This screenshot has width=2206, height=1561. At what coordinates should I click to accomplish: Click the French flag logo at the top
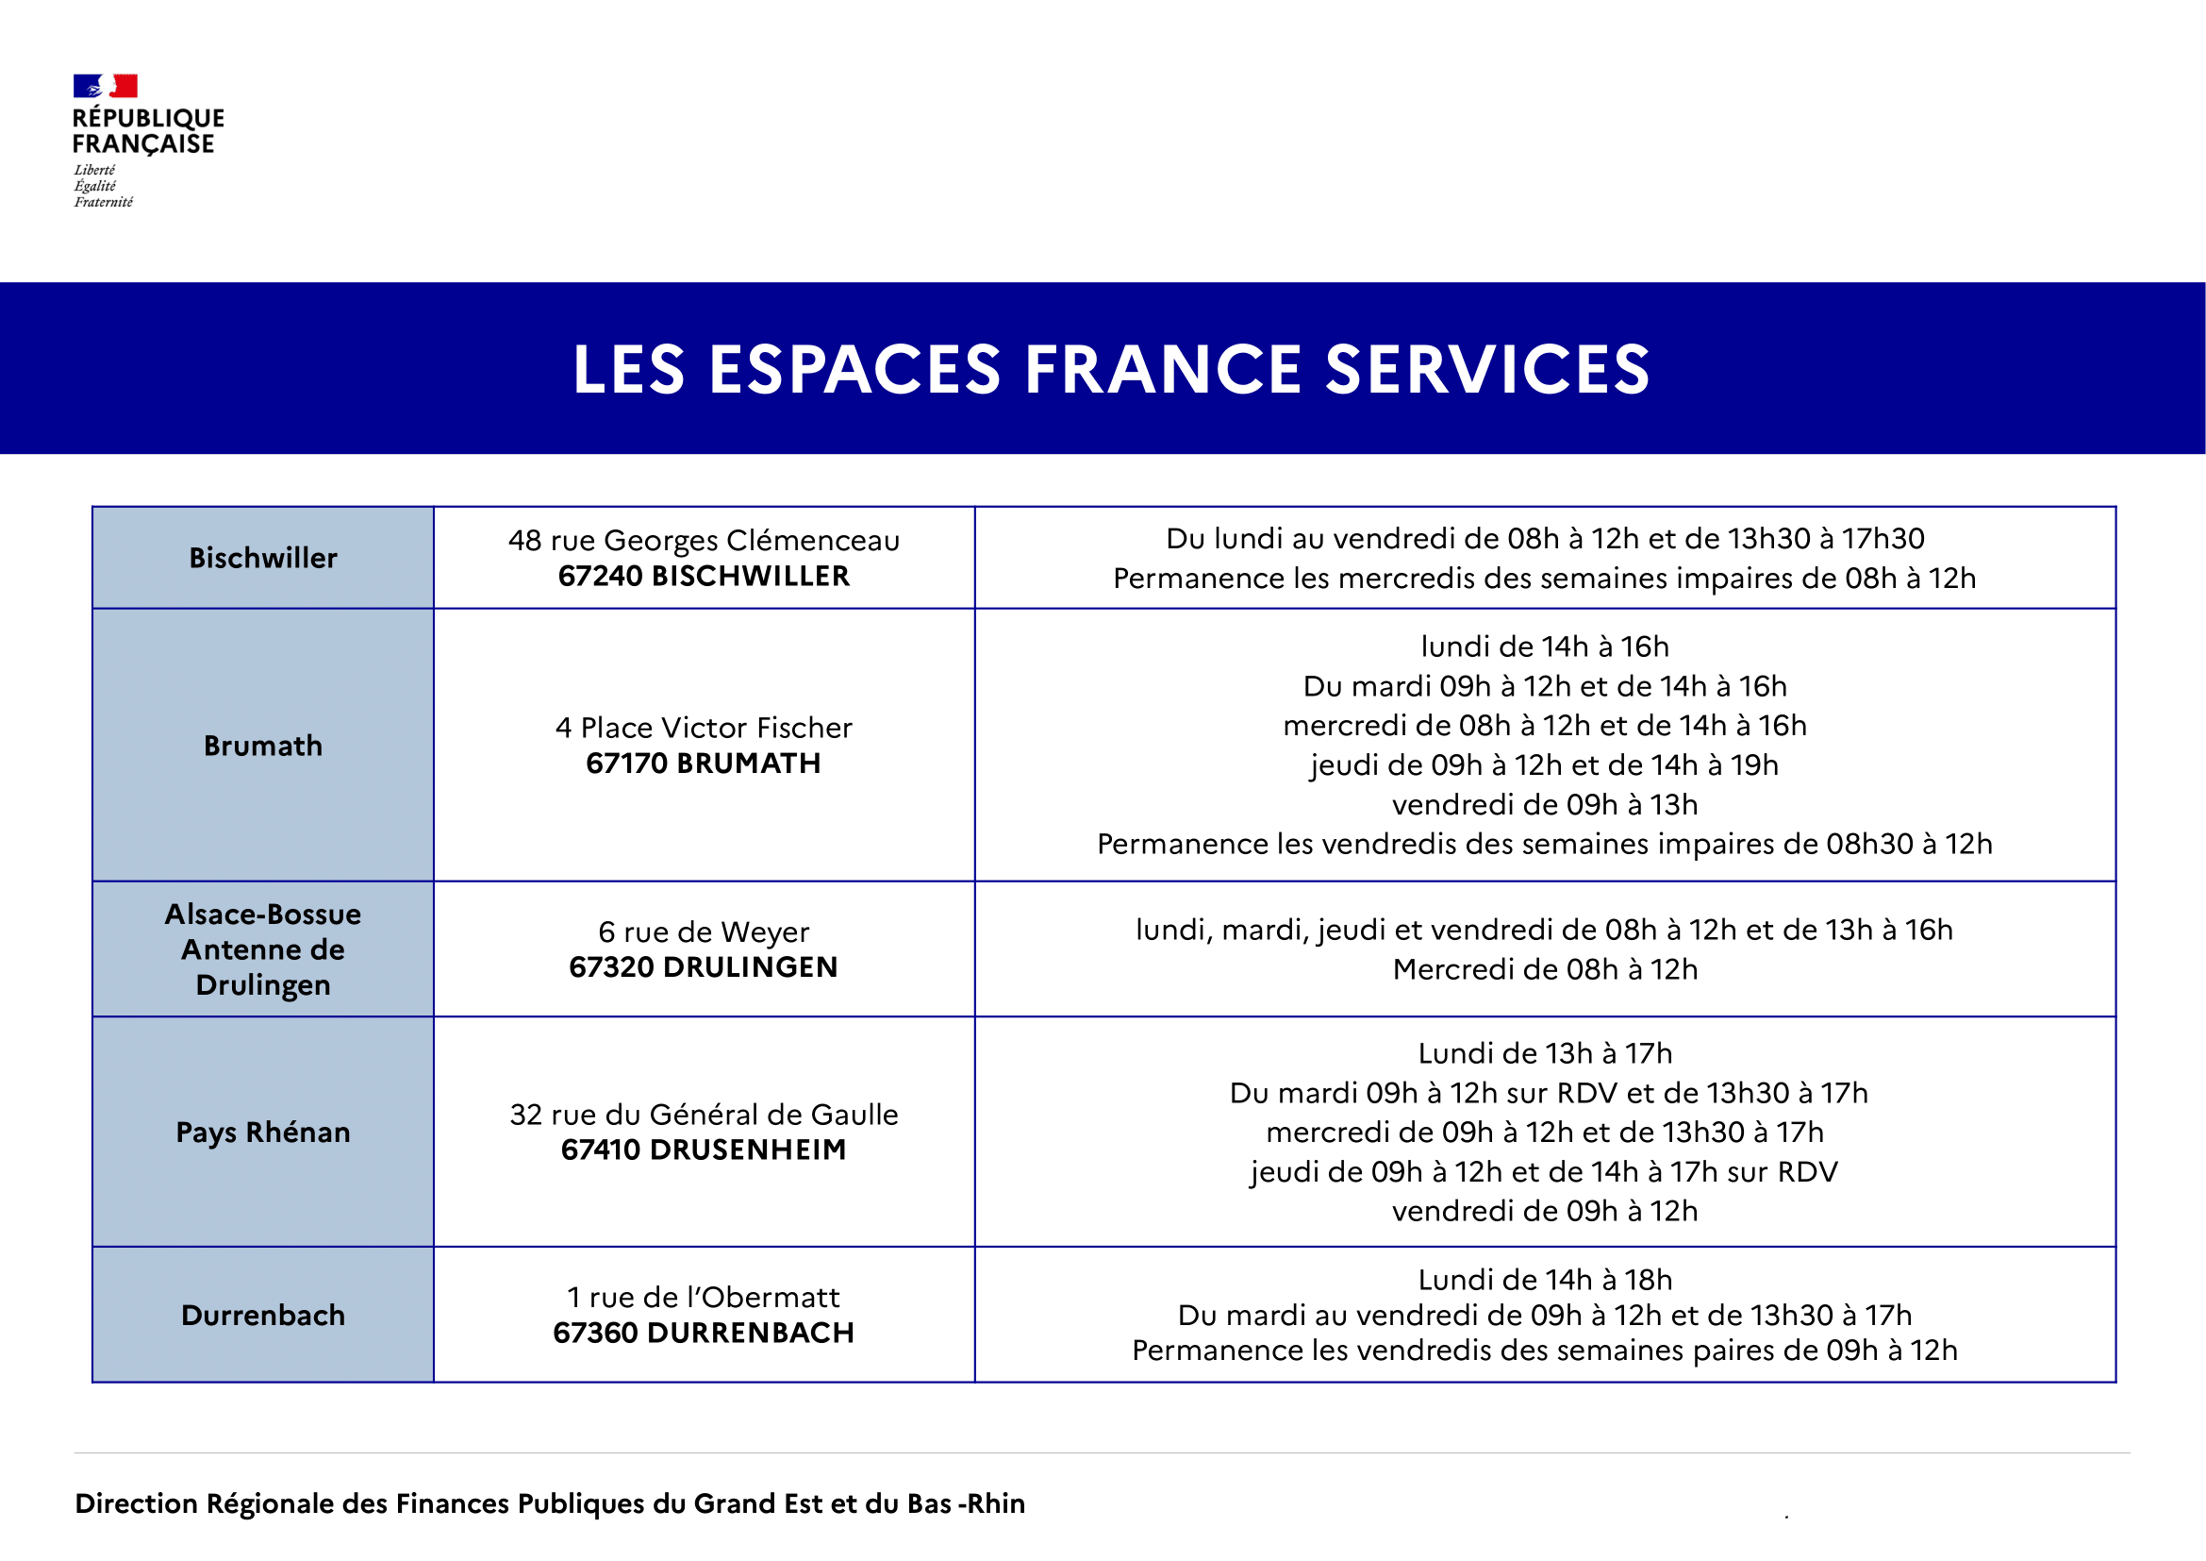[x=106, y=87]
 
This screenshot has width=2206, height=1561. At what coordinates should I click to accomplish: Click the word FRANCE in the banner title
[x=1164, y=370]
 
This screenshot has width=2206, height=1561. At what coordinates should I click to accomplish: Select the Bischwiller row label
[x=263, y=559]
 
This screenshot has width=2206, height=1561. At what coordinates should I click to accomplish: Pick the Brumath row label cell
[x=263, y=746]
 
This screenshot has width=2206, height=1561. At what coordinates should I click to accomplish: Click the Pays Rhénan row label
[x=263, y=1133]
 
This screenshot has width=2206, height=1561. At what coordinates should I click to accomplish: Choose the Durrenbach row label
[x=263, y=1315]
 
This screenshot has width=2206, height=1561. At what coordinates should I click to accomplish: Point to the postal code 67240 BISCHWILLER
[x=705, y=577]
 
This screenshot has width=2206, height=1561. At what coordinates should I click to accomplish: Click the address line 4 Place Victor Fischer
[x=705, y=728]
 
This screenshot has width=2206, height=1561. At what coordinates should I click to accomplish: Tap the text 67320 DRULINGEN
[x=705, y=967]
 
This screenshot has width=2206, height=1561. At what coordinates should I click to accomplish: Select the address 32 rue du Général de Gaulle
[x=705, y=1115]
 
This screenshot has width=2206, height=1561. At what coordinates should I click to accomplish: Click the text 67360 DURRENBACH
[x=705, y=1334]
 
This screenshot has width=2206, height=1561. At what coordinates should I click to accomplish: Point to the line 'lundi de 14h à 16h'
[x=1545, y=646]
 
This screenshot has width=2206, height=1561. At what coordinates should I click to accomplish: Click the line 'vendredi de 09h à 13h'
[x=1545, y=804]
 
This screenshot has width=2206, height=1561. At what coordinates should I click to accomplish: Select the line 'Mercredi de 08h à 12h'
[x=1545, y=970]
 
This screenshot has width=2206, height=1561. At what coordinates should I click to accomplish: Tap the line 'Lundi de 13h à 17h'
[x=1545, y=1053]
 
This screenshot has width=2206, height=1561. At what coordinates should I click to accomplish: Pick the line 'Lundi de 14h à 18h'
[x=1545, y=1281]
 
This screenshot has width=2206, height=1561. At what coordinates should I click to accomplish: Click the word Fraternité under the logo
[x=104, y=202]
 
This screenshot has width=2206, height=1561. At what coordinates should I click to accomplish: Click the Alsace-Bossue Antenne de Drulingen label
[x=263, y=949]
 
